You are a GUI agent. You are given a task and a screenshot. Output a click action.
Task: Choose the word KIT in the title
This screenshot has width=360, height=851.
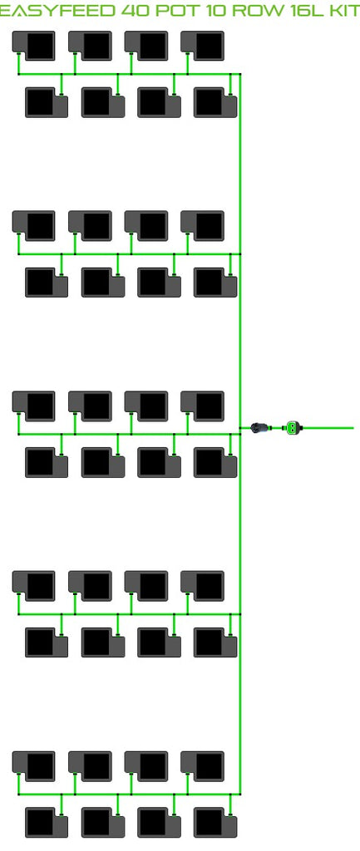344,10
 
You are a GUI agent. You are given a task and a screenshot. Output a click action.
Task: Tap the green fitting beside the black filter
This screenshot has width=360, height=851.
293,428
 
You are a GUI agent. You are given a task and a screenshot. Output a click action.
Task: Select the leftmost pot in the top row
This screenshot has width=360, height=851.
33,46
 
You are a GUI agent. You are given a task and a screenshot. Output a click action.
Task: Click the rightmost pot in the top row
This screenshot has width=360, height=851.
203,46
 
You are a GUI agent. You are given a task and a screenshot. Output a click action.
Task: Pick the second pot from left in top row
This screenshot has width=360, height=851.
90,46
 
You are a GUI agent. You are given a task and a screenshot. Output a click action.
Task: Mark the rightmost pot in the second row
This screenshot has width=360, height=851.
215,102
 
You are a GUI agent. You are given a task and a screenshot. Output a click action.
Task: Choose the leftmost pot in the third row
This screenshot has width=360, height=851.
33,226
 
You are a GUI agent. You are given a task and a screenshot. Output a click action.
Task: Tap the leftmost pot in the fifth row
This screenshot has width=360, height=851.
33,406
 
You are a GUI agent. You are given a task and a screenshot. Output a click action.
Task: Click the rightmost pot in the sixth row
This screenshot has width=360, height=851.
215,462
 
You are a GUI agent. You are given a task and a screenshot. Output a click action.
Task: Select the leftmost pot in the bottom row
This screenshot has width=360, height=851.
47,823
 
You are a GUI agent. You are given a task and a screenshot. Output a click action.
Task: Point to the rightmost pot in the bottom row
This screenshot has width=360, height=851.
215,823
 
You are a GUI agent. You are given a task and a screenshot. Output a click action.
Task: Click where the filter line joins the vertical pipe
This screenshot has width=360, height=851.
240,428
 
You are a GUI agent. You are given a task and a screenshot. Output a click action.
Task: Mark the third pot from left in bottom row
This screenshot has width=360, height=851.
159,823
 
